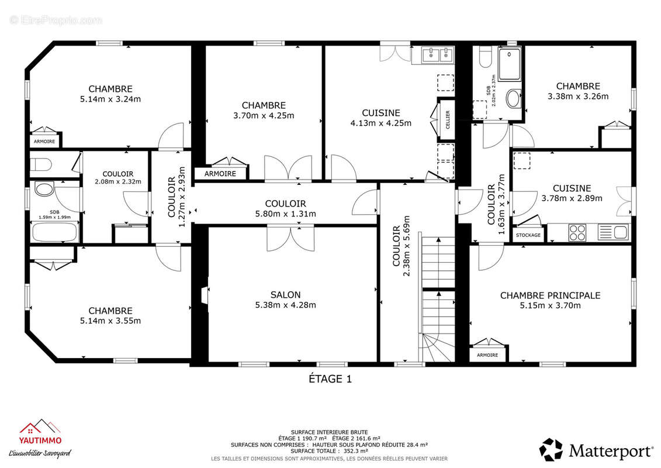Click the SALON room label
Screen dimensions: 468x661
[x=285, y=295]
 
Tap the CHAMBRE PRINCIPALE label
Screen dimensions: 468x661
[x=550, y=295]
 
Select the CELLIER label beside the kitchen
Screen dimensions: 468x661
[x=448, y=119]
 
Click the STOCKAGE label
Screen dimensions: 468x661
[x=528, y=235]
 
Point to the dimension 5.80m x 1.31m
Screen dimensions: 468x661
[x=285, y=214]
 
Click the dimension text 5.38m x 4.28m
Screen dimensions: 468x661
[x=285, y=305]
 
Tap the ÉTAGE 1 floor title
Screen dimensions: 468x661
[x=330, y=379]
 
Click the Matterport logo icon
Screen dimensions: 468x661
[x=551, y=449]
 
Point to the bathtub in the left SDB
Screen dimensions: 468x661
[x=54, y=232]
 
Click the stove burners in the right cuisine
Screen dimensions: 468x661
[x=577, y=233]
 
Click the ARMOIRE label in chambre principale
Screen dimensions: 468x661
[x=487, y=355]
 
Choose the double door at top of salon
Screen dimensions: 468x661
[x=290, y=239]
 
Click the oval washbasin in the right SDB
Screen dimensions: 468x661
[x=513, y=98]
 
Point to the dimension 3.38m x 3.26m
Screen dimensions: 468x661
[x=578, y=97]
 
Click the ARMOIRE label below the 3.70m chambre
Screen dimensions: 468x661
[x=220, y=174]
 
